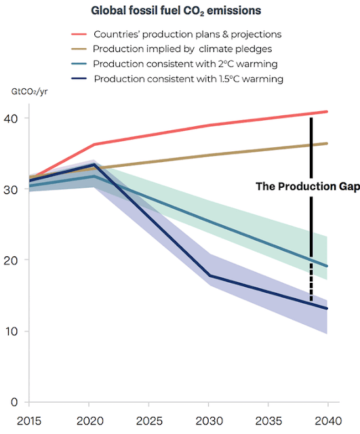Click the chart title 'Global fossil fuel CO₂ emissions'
[x=176, y=11]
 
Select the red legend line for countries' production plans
[x=79, y=35]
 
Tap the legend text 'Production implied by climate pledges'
[x=182, y=49]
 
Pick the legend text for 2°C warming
[x=185, y=64]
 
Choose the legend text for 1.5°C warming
[x=188, y=79]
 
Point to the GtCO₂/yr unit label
[x=29, y=92]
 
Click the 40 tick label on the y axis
[x=11, y=119]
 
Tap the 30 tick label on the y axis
[x=11, y=190]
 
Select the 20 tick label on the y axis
[x=11, y=260]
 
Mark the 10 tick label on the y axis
[x=11, y=332]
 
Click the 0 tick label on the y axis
[x=14, y=402]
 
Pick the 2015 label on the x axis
[x=29, y=421]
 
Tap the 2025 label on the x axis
[x=149, y=421]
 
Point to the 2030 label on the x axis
[x=209, y=421]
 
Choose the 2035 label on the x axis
[x=268, y=421]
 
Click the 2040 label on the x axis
[x=328, y=421]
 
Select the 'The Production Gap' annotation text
[x=308, y=186]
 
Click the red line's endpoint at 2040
[x=327, y=112]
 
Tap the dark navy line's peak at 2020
[x=94, y=164]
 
